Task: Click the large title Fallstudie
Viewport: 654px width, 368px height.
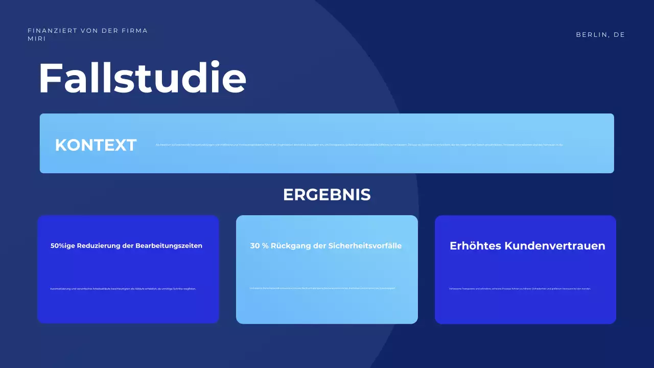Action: (x=142, y=78)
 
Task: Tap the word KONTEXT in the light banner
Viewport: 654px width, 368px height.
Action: (x=96, y=145)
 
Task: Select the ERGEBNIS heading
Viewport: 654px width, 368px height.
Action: (x=327, y=195)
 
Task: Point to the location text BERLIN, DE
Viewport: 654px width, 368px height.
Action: (x=600, y=35)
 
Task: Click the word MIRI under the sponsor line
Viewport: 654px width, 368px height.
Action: (x=37, y=39)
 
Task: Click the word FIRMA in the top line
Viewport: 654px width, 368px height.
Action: (x=135, y=31)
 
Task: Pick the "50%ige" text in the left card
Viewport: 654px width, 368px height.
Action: (x=63, y=246)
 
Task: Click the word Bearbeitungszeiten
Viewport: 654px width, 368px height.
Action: (x=169, y=246)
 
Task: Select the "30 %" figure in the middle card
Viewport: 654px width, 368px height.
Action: (x=260, y=246)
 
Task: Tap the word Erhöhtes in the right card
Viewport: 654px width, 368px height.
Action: (x=475, y=246)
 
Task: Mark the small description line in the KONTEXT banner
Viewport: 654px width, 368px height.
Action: (x=359, y=145)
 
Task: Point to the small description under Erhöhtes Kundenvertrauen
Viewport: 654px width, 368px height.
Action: (x=520, y=289)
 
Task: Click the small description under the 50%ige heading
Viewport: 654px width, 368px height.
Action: (x=123, y=289)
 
